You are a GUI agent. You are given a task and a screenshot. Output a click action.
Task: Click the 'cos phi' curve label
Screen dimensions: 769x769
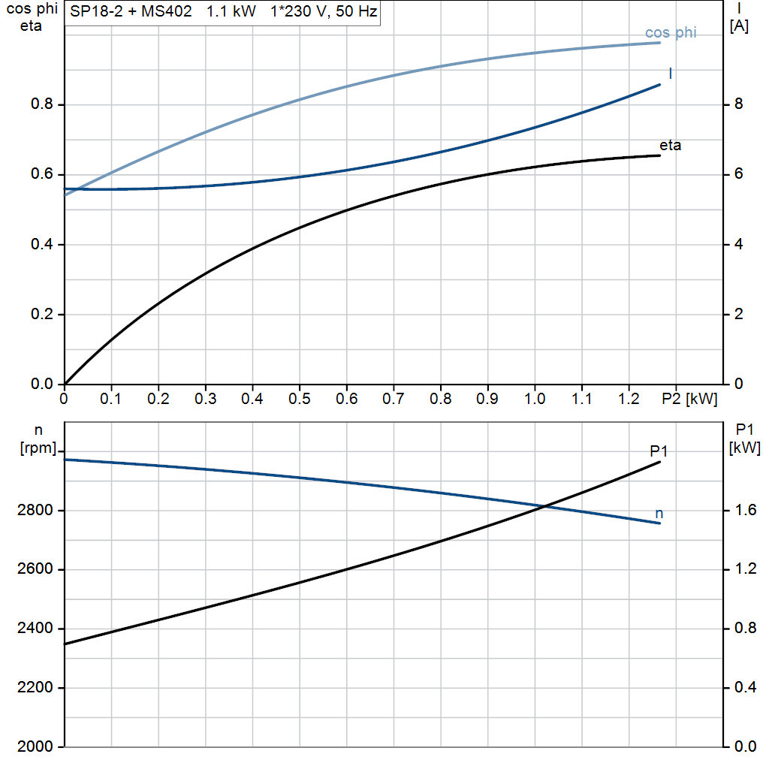(x=671, y=33)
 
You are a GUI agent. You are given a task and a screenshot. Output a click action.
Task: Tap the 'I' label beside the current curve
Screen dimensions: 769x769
(x=670, y=73)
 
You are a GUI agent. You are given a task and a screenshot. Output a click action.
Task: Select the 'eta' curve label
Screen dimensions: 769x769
(x=670, y=146)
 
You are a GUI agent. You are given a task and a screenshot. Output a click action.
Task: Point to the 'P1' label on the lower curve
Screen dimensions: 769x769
(x=659, y=451)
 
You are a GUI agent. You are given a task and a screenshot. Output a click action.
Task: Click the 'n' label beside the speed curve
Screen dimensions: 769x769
(x=659, y=514)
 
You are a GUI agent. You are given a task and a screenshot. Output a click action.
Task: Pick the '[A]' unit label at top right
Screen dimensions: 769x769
(x=739, y=26)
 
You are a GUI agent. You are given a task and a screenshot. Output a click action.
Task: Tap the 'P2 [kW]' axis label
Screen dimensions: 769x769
(x=689, y=400)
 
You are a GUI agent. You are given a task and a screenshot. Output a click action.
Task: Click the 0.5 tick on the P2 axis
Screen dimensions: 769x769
(x=300, y=400)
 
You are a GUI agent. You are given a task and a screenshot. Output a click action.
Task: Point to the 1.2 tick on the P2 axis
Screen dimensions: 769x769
(x=629, y=400)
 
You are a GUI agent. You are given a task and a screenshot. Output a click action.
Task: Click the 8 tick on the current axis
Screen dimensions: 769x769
(x=738, y=104)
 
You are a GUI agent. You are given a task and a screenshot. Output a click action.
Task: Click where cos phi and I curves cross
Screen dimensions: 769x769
(x=74, y=188)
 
